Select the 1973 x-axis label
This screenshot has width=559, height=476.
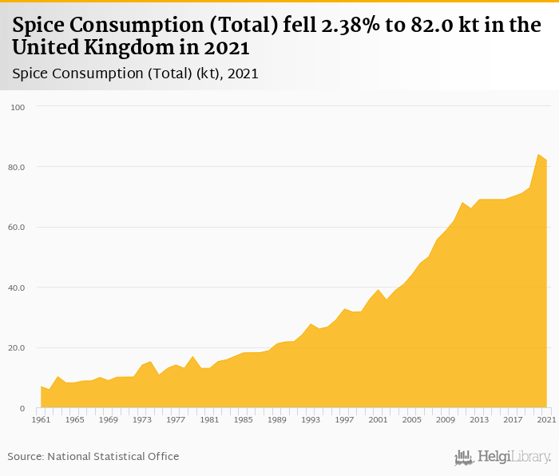click(141, 419)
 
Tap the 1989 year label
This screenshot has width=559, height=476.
click(276, 419)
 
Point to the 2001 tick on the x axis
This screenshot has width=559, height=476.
click(378, 419)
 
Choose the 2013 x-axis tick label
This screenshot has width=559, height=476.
click(479, 419)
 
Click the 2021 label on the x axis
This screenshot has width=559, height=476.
click(546, 419)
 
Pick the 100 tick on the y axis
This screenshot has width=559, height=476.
click(18, 107)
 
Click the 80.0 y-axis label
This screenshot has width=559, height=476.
click(17, 167)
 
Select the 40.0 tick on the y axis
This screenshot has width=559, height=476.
click(17, 288)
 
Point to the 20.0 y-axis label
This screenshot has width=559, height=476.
click(17, 348)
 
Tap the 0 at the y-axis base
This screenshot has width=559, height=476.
click(22, 408)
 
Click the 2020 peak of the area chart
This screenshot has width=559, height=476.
click(538, 155)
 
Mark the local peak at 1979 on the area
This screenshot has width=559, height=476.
click(192, 356)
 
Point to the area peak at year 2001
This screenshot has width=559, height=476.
click(378, 290)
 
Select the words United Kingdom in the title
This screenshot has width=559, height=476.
click(88, 47)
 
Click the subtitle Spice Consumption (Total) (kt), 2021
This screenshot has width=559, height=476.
click(135, 73)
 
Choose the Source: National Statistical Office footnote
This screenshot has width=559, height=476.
click(93, 456)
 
